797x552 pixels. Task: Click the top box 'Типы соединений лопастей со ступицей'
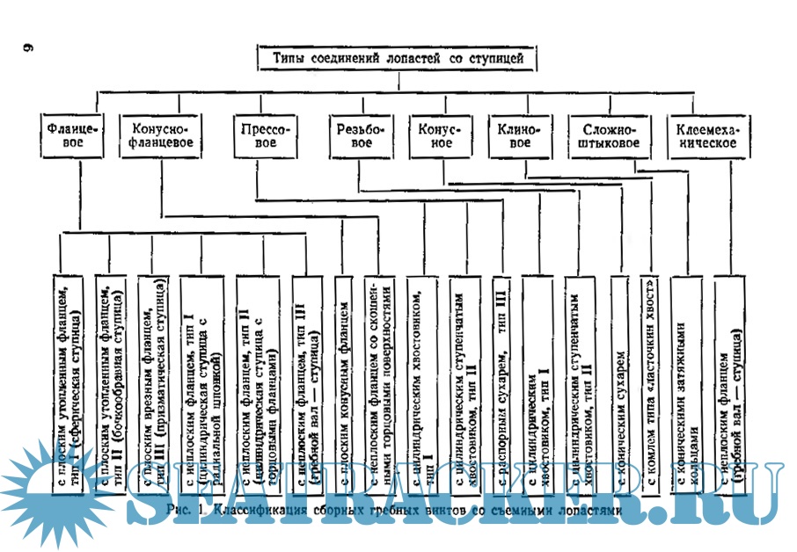[398, 59]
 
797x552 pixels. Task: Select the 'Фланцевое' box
[73, 134]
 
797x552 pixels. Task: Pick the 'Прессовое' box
[265, 134]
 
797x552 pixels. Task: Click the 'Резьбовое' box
[360, 134]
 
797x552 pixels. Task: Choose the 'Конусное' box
[435, 134]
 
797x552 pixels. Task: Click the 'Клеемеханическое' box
[706, 134]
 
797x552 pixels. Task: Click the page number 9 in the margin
[27, 47]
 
